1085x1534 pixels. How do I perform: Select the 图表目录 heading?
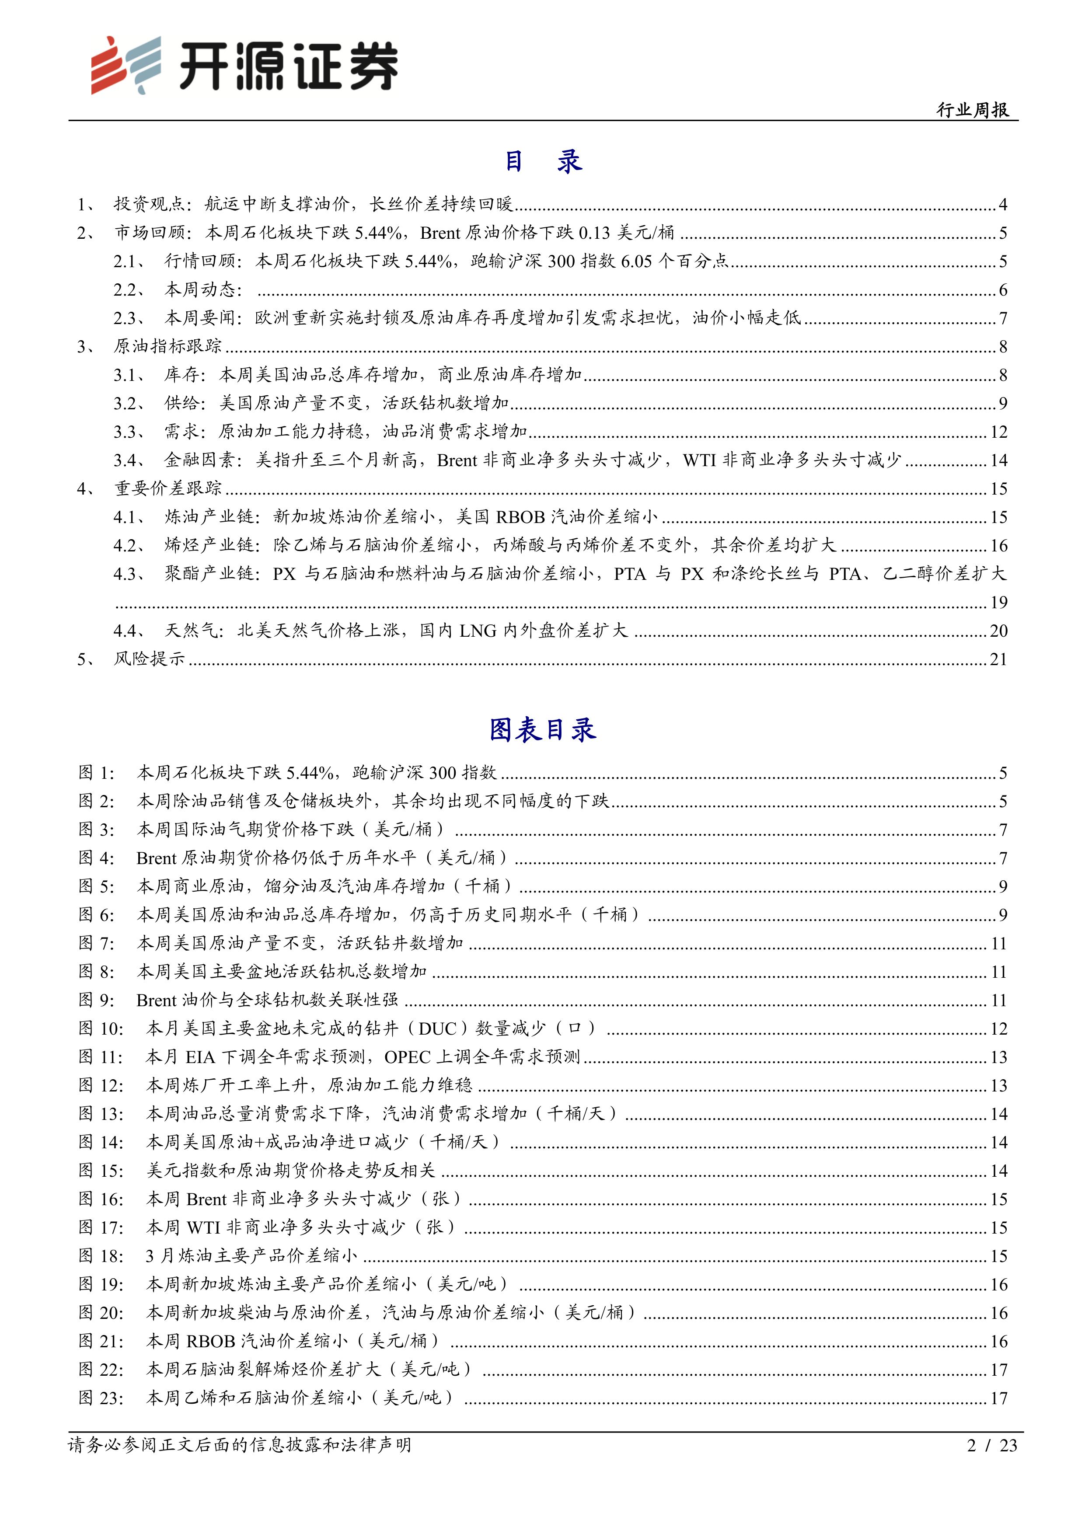[x=542, y=729]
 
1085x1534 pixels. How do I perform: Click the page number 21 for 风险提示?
[x=998, y=659]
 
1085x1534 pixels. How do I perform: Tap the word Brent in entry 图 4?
[x=156, y=858]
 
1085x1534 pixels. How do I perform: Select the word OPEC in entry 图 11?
[x=408, y=1057]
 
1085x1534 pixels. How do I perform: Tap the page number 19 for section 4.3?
[x=998, y=603]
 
